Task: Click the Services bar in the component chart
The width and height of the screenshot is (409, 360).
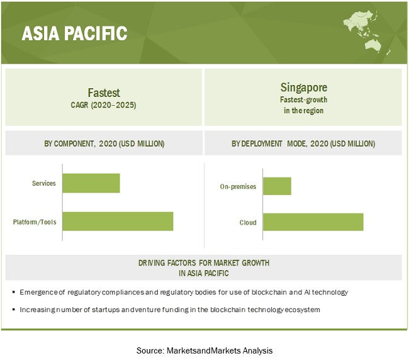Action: click(91, 183)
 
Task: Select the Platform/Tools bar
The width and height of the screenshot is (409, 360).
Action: click(118, 221)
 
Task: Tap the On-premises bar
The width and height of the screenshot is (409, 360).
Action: click(277, 186)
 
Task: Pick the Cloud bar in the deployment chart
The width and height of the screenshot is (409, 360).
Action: click(313, 222)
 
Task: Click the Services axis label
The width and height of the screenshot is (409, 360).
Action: click(44, 183)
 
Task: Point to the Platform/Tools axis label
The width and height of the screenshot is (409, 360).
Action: click(35, 222)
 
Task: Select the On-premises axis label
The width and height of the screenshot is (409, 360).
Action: click(238, 186)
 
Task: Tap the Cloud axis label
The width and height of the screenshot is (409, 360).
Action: click(248, 223)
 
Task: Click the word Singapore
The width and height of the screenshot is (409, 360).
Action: click(304, 87)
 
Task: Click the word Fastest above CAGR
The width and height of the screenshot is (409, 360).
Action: click(104, 93)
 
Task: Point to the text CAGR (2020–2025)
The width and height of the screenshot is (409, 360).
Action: click(104, 105)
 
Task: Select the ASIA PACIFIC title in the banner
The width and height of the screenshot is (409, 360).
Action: click(75, 33)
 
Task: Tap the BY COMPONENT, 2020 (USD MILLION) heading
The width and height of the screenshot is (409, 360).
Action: click(104, 143)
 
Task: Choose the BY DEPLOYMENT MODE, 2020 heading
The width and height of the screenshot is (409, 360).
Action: click(303, 143)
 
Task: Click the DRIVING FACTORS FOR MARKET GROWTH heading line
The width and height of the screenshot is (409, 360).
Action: click(204, 262)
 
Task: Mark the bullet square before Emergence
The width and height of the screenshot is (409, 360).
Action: click(14, 292)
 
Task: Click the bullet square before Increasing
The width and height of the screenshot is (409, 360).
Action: click(14, 310)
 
